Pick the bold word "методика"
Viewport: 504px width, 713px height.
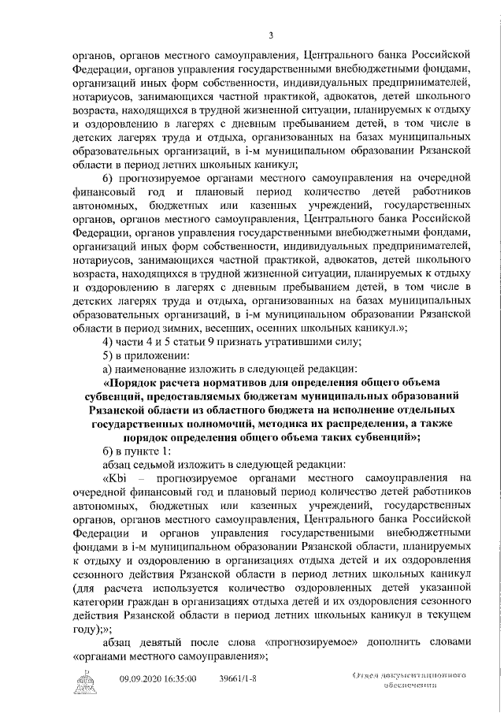(x=269, y=425)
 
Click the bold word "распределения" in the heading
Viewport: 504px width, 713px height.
(x=348, y=425)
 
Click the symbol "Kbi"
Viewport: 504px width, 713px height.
(x=117, y=479)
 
